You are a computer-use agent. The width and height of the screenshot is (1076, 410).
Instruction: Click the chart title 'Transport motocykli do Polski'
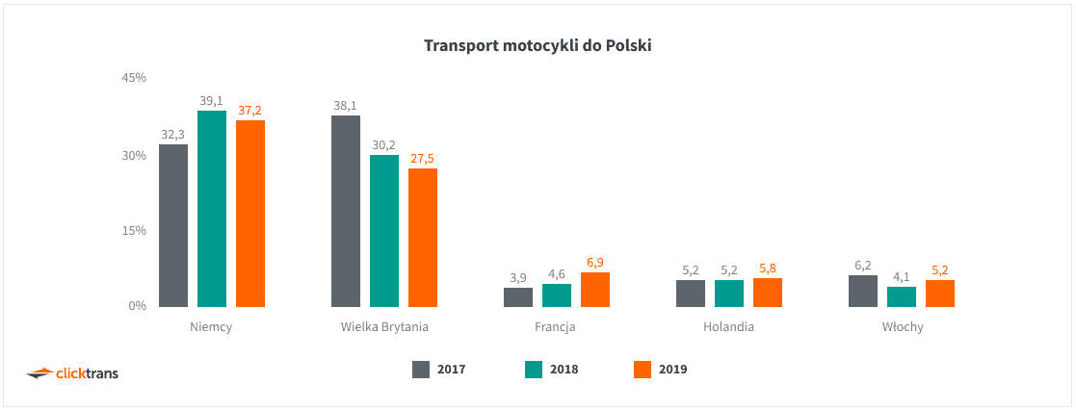pyautogui.click(x=538, y=45)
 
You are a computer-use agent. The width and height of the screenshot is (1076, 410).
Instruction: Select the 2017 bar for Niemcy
pyautogui.click(x=173, y=226)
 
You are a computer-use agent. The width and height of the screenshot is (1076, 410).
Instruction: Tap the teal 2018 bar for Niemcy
pyautogui.click(x=212, y=209)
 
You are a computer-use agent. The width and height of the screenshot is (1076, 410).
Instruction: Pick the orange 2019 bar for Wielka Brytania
pyautogui.click(x=423, y=238)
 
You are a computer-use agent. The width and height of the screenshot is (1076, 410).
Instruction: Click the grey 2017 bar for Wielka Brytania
pyautogui.click(x=346, y=212)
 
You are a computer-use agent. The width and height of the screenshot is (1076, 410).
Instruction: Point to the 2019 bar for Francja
pyautogui.click(x=595, y=290)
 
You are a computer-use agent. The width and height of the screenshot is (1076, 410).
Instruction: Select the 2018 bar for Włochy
pyautogui.click(x=902, y=296)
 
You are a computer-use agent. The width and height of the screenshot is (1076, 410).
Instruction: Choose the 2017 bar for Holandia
pyautogui.click(x=691, y=294)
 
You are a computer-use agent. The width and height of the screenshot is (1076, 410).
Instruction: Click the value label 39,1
pyautogui.click(x=212, y=100)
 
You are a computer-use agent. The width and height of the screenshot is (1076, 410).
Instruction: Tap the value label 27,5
pyautogui.click(x=423, y=158)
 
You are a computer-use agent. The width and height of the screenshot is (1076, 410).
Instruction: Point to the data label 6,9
pyautogui.click(x=595, y=262)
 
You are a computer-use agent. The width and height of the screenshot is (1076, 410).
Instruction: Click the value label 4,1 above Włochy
pyautogui.click(x=902, y=276)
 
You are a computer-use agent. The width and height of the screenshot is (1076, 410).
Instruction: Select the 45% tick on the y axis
pyautogui.click(x=133, y=77)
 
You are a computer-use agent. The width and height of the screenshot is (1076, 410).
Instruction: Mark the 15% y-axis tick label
pyautogui.click(x=133, y=231)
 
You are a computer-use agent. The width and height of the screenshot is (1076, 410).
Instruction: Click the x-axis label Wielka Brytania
pyautogui.click(x=384, y=327)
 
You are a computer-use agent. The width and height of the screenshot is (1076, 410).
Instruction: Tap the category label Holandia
pyautogui.click(x=728, y=327)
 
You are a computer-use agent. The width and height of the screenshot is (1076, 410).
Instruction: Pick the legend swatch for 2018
pyautogui.click(x=535, y=369)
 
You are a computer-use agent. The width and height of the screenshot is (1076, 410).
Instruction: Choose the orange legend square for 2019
pyautogui.click(x=643, y=369)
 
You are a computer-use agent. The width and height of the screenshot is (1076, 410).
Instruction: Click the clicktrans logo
pyautogui.click(x=72, y=372)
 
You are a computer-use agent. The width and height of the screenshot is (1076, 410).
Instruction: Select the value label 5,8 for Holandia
pyautogui.click(x=768, y=269)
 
